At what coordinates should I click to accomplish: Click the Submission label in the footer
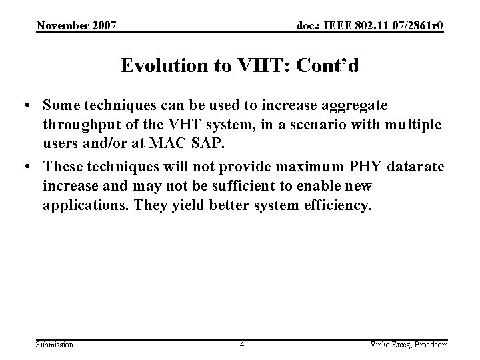click(x=55, y=344)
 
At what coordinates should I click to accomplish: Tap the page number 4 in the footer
click(x=242, y=344)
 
